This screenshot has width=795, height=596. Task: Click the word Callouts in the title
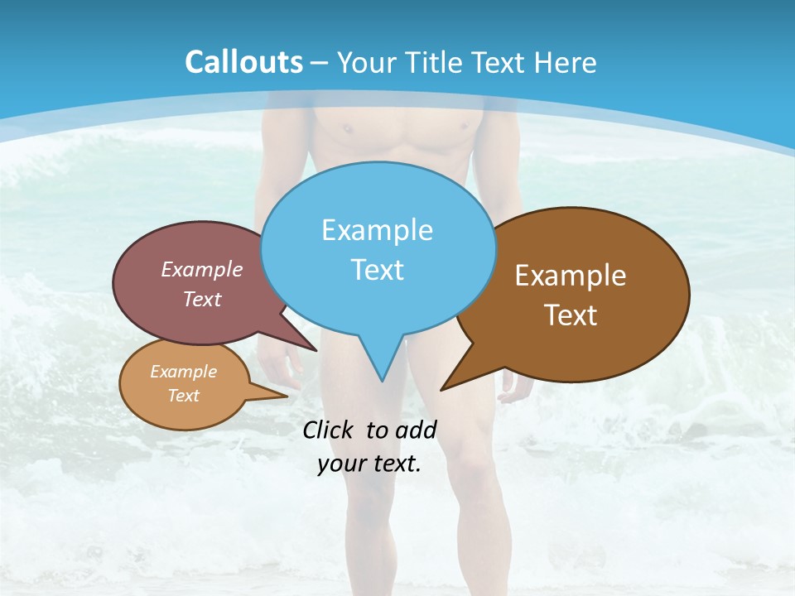pyautogui.click(x=243, y=62)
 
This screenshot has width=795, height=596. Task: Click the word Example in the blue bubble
pyautogui.click(x=377, y=230)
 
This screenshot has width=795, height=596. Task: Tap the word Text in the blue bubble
pyautogui.click(x=377, y=270)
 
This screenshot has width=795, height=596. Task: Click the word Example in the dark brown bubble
pyautogui.click(x=571, y=276)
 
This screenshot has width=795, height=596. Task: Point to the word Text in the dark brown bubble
pyautogui.click(x=571, y=315)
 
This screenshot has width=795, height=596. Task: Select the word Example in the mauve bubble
pyautogui.click(x=202, y=269)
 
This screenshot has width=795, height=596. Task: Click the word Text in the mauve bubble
pyautogui.click(x=202, y=299)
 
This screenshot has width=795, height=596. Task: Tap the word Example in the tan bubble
pyautogui.click(x=183, y=372)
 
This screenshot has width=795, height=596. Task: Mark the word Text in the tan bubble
pyautogui.click(x=183, y=396)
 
